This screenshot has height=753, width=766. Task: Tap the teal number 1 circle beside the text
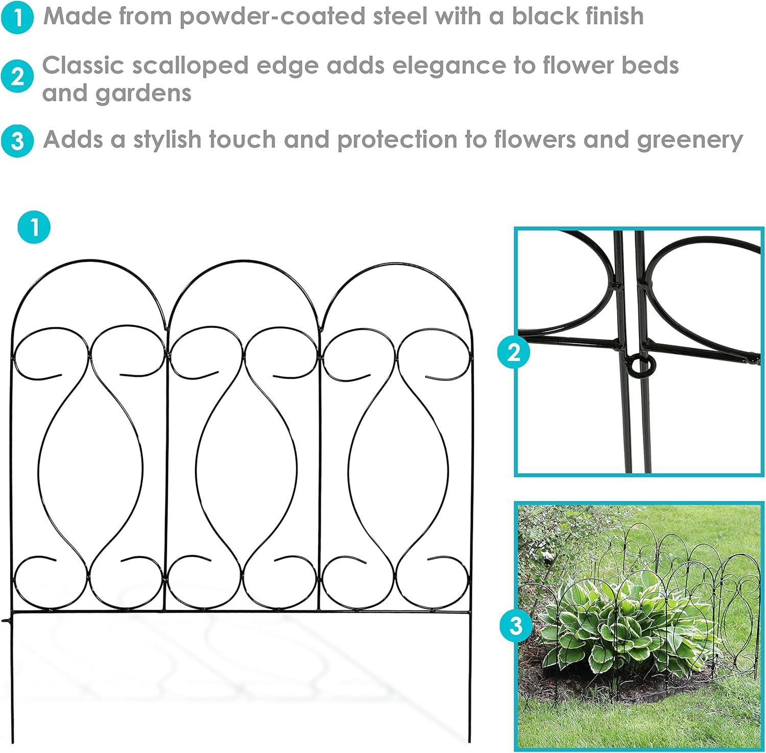coord(17,18)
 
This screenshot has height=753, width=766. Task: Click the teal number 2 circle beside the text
coord(17,77)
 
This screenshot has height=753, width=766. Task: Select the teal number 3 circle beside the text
coord(17,141)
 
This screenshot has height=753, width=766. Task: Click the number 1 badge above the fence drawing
coord(34,226)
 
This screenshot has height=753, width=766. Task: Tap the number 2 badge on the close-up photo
coord(514,352)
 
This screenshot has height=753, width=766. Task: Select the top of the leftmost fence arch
coord(89,261)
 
